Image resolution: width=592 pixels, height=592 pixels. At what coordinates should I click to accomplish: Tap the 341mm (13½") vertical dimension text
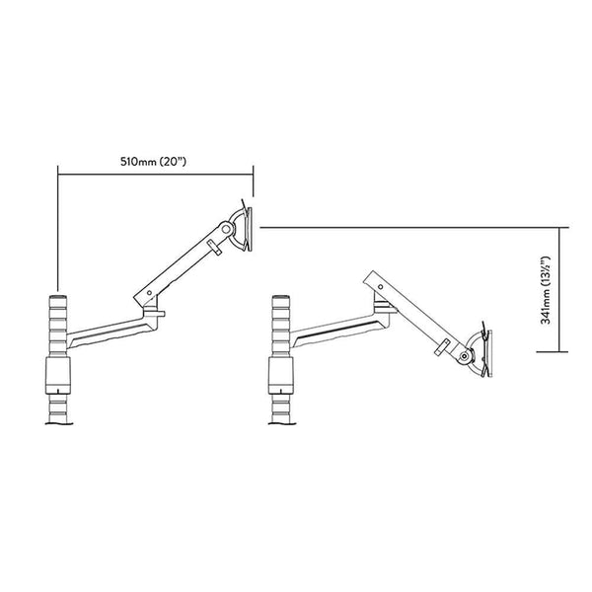(x=572, y=288)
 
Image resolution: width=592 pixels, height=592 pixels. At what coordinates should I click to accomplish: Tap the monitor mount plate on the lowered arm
(x=486, y=350)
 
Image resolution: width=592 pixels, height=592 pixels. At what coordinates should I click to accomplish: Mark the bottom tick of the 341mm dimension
(x=559, y=351)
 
